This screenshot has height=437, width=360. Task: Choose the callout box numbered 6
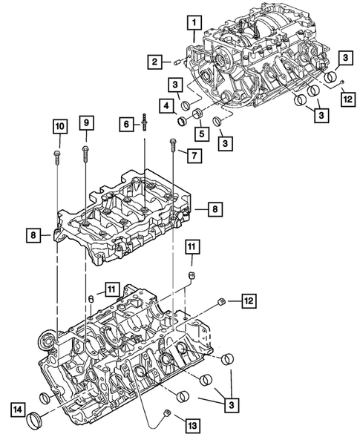pyautogui.click(x=125, y=126)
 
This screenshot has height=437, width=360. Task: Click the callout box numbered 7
pyautogui.click(x=194, y=156)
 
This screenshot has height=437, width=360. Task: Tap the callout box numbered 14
pyautogui.click(x=16, y=407)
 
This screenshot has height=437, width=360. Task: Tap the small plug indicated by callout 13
pyautogui.click(x=168, y=412)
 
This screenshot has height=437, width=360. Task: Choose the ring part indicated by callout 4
pyautogui.click(x=182, y=119)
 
